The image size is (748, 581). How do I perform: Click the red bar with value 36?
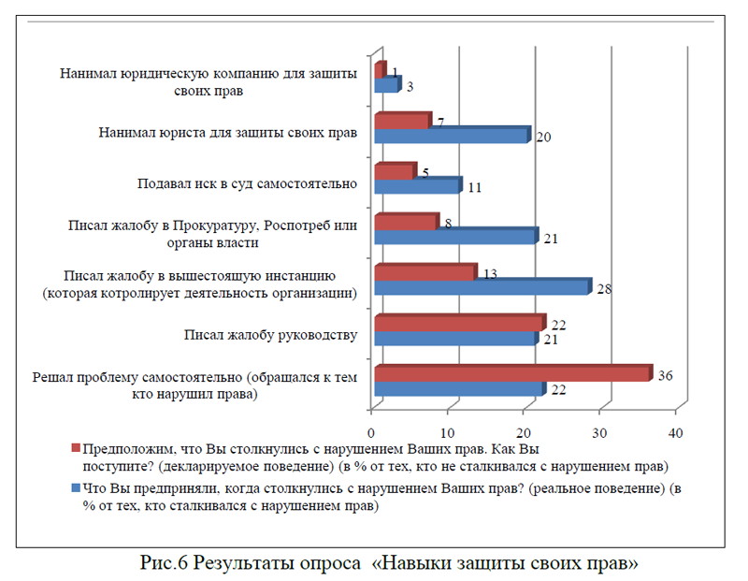pyautogui.click(x=512, y=373)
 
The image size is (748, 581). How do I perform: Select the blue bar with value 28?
pyautogui.click(x=482, y=286)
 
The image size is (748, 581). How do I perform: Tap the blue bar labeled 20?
pyautogui.click(x=452, y=135)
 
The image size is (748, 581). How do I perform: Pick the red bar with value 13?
pyautogui.click(x=424, y=272)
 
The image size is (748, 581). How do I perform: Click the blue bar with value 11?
pyautogui.click(x=417, y=185)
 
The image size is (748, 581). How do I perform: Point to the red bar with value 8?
pyautogui.click(x=405, y=222)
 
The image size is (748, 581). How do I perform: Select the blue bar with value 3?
pyautogui.click(x=386, y=84)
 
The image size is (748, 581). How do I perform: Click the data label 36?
pyautogui.click(x=665, y=376)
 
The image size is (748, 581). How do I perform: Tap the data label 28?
pyautogui.click(x=604, y=289)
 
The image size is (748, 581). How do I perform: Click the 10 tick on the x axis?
pyautogui.click(x=448, y=433)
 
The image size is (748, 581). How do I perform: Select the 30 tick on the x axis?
pyautogui.click(x=600, y=433)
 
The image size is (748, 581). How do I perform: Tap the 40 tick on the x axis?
pyautogui.click(x=676, y=433)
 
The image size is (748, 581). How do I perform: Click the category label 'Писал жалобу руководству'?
pyautogui.click(x=271, y=335)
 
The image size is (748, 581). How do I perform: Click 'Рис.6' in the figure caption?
pyautogui.click(x=167, y=563)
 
